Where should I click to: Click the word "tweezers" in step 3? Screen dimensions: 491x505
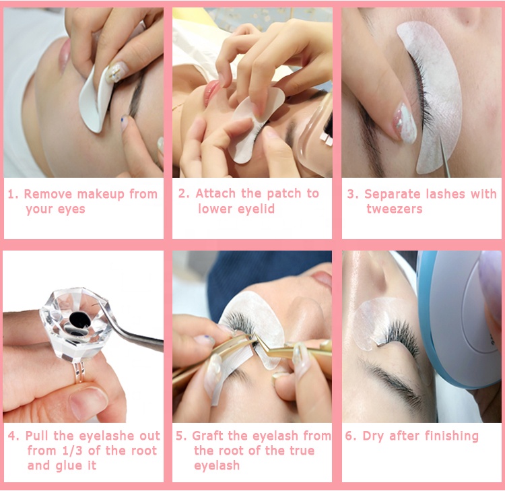point(394,209)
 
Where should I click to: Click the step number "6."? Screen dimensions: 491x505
point(351,436)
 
